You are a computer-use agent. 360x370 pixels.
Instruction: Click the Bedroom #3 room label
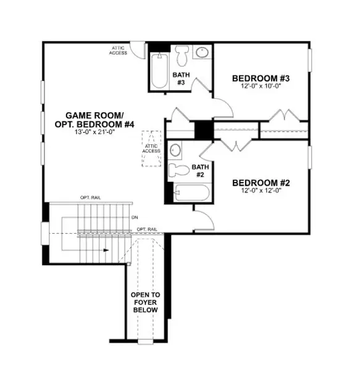click(x=261, y=78)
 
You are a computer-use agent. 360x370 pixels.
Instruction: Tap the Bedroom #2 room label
click(x=261, y=183)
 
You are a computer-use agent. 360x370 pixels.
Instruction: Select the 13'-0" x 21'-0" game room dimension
click(x=94, y=132)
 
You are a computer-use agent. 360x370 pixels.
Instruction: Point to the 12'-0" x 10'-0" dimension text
click(x=261, y=86)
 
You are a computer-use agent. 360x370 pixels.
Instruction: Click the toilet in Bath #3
click(x=182, y=55)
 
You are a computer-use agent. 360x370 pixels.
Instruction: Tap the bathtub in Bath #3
click(x=160, y=71)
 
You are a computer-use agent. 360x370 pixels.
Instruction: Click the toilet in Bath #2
click(x=178, y=170)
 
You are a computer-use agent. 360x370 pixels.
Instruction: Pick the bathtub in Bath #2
click(x=191, y=192)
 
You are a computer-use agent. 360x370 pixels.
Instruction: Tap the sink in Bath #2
click(x=175, y=150)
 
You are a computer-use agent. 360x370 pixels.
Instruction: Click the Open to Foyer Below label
click(x=145, y=302)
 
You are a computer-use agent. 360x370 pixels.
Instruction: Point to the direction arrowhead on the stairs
click(x=106, y=250)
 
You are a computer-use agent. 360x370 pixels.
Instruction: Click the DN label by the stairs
click(x=135, y=217)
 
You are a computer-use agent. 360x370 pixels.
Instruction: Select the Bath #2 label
click(x=200, y=171)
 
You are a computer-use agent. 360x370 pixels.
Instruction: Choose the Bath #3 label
click(x=181, y=78)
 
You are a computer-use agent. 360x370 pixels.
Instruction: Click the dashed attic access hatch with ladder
click(x=151, y=149)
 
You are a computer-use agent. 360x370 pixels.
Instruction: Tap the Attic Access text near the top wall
click(x=118, y=51)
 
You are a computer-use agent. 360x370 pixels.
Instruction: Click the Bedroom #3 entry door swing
click(x=224, y=107)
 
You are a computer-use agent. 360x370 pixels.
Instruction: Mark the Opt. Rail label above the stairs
click(x=91, y=197)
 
